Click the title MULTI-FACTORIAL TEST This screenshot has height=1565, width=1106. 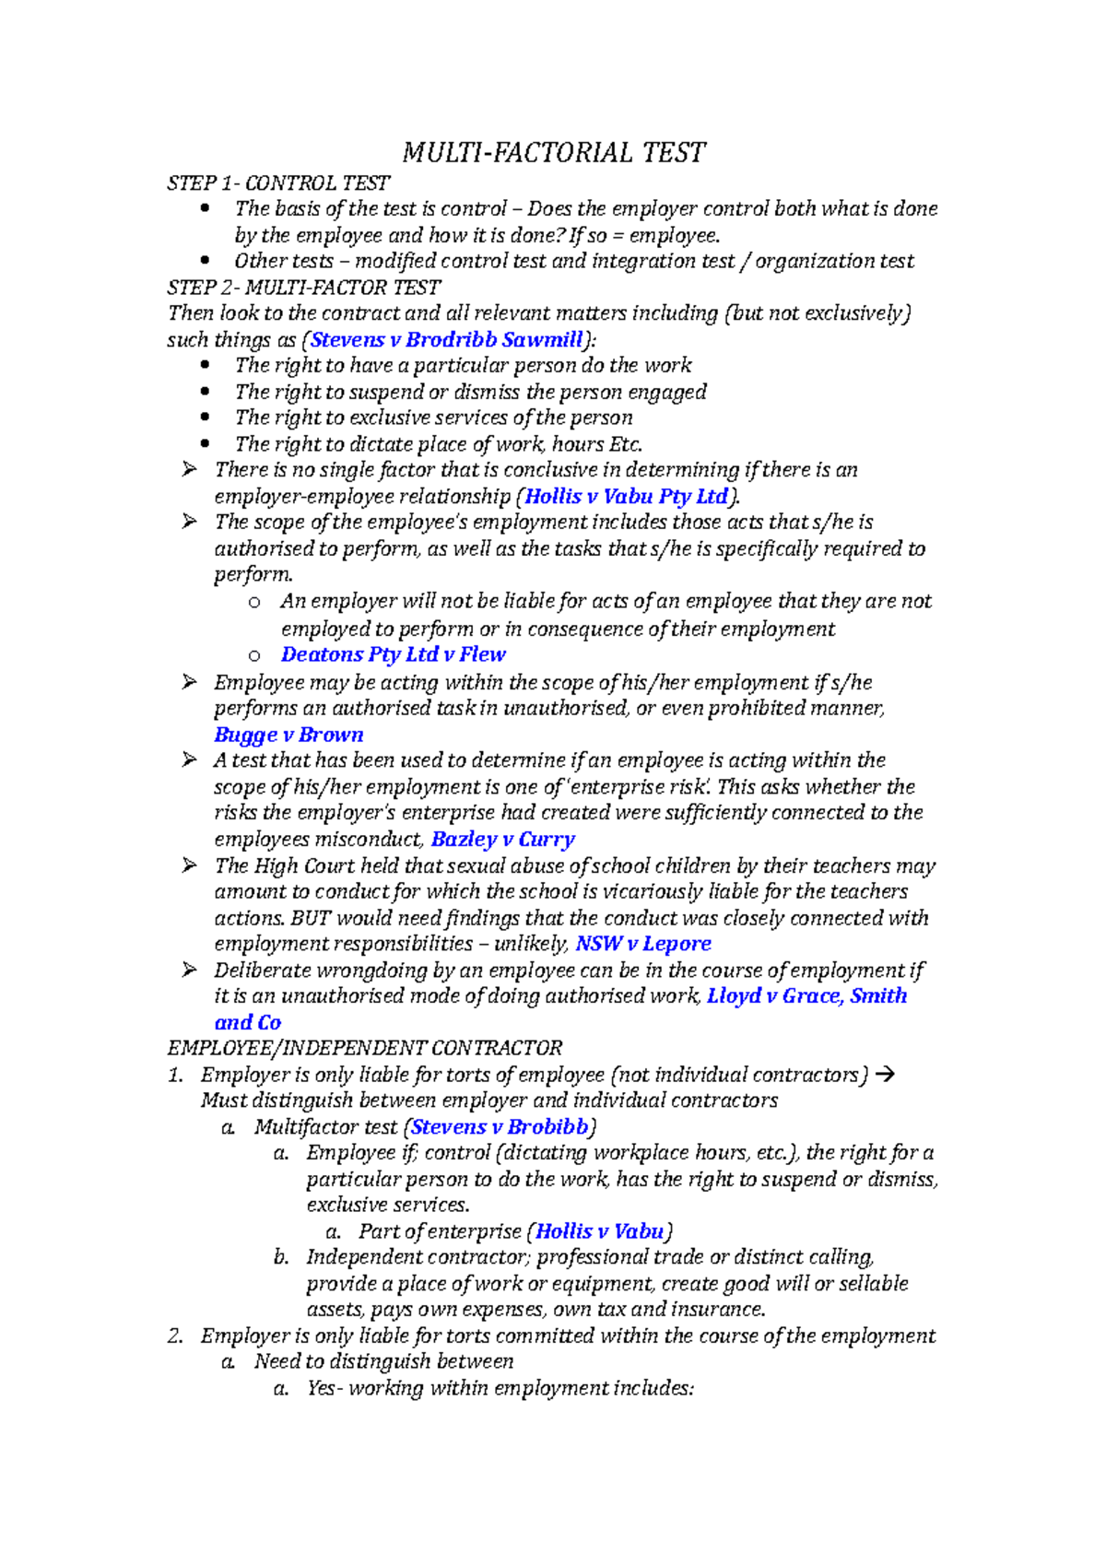554,152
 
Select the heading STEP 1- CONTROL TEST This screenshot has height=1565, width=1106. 278,183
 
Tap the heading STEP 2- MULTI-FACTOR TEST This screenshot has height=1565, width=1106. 304,288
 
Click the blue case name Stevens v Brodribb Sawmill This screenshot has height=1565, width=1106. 447,340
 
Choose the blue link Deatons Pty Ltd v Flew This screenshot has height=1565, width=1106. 394,654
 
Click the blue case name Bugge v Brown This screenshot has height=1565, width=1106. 288,735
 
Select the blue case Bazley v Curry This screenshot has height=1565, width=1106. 503,840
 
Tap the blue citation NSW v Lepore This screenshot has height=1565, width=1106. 643,944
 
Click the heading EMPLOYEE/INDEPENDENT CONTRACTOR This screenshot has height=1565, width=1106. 365,1048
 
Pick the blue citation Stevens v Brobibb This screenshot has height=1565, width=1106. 500,1127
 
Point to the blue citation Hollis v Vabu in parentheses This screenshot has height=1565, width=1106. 600,1231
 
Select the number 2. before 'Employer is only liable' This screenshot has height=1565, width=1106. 175,1336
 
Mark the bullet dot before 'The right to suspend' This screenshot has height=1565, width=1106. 205,392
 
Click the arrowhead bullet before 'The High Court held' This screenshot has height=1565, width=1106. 189,865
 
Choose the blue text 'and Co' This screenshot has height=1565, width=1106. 248,1022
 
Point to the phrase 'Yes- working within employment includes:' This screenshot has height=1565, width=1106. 500,1388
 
